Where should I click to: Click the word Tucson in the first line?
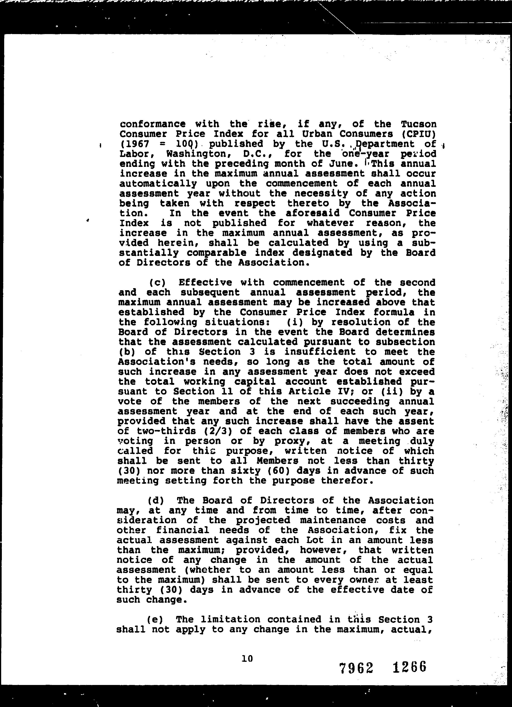[419, 124]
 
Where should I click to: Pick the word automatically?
[158, 184]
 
